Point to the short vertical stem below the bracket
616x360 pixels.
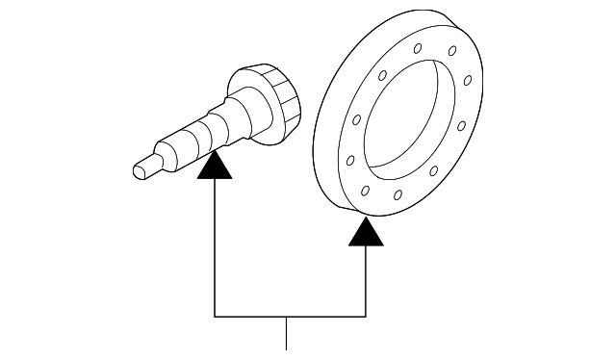tap(287, 332)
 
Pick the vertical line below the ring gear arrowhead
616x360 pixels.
tap(366, 280)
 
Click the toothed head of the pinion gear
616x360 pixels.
tap(275, 100)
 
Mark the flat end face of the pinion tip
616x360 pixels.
tap(138, 171)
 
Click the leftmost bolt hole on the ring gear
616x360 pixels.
tap(349, 159)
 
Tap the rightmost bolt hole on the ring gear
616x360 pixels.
tap(463, 124)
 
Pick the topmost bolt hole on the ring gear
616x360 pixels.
tap(417, 49)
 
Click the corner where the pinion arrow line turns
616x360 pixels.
tap(214, 316)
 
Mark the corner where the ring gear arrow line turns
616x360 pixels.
tap(366, 316)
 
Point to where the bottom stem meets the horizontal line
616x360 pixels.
tap(287, 316)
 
